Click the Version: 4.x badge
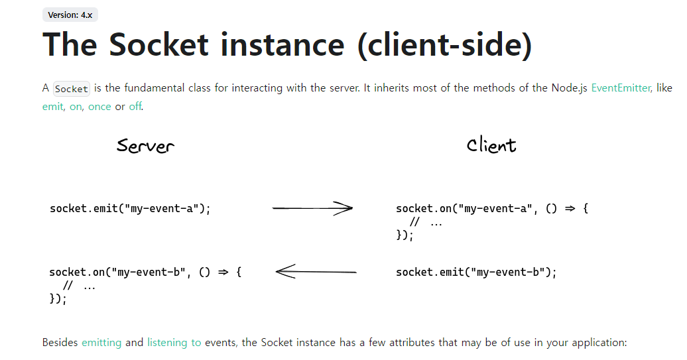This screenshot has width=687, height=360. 70,15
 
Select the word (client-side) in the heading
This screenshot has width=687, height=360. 444,45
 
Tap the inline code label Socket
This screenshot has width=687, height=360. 71,89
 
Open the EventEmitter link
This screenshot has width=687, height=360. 621,88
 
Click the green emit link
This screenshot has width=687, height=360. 52,107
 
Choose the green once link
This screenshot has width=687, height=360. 99,107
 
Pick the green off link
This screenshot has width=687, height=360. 135,107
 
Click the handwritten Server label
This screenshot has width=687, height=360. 145,145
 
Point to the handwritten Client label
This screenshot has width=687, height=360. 491,145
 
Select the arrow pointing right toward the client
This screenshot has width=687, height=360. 312,209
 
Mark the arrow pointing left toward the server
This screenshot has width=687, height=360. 316,271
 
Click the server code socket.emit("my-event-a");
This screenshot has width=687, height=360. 130,209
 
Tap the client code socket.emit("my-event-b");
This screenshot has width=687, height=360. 476,272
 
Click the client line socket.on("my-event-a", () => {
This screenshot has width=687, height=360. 492,209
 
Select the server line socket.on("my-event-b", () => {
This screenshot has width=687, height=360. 145,272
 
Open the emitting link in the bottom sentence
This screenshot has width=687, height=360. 101,343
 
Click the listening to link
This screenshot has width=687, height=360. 174,343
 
